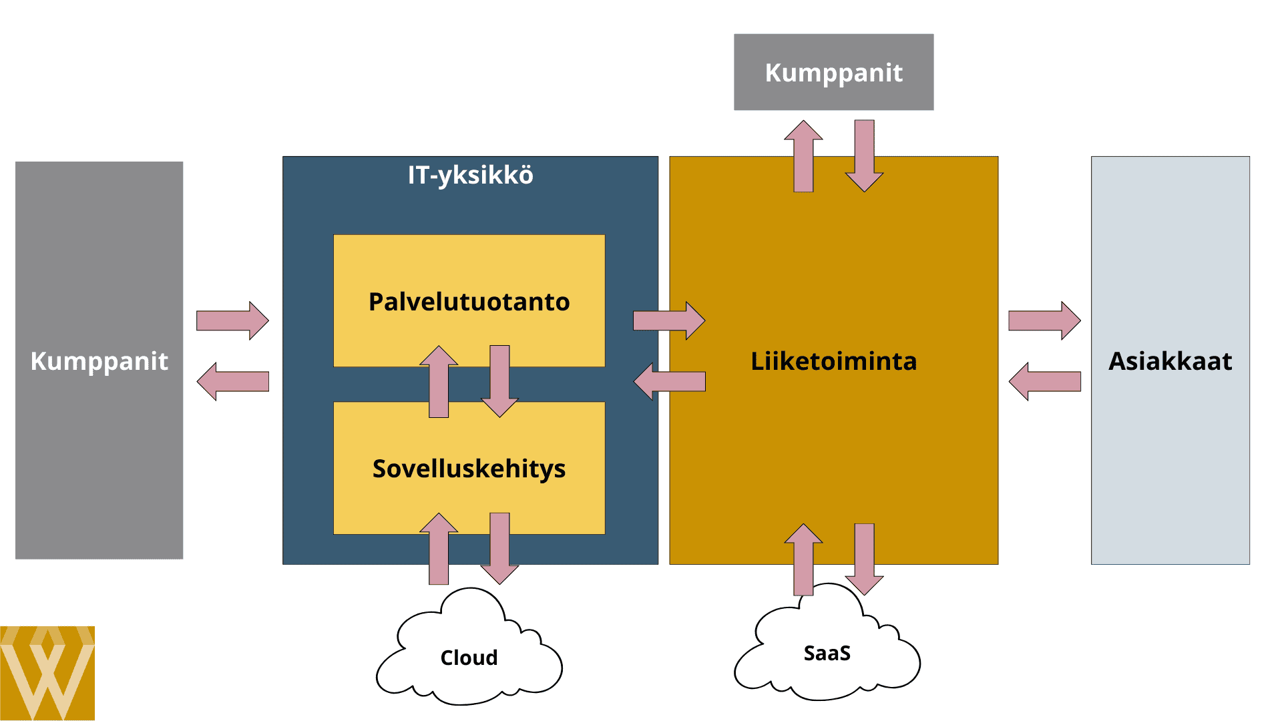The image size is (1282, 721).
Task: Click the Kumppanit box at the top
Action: pos(833,72)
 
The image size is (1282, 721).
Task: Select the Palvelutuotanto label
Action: pos(469,302)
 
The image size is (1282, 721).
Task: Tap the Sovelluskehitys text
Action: pos(469,469)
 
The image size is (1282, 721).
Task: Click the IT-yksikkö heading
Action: pos(470,175)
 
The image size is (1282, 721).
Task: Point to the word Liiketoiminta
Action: pos(833,361)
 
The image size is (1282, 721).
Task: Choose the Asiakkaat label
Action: pos(1170,361)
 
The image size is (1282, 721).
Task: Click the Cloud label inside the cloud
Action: pos(469,658)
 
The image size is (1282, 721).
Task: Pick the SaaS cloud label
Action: pos(827,653)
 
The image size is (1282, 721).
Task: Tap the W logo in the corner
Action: pos(47,673)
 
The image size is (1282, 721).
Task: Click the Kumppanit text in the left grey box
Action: pos(99,361)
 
